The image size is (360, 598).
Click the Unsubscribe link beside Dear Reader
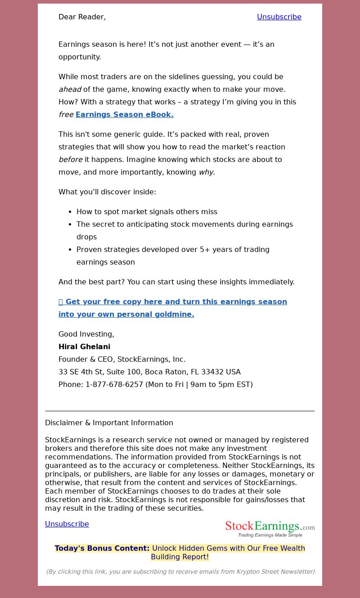[x=279, y=17]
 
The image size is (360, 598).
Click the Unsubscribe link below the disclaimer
[x=67, y=524]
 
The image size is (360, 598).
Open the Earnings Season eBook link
[x=124, y=114]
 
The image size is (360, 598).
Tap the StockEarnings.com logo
[x=270, y=528]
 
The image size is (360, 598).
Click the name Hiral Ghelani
[x=84, y=346]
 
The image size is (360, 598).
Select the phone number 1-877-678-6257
[x=114, y=384]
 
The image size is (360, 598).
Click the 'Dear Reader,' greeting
[x=82, y=17]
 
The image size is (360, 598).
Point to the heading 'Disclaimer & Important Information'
[x=109, y=423]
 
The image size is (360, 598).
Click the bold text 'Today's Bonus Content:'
[x=102, y=548]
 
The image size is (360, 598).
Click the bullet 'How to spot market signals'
[x=147, y=211]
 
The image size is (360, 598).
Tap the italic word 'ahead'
[x=70, y=89]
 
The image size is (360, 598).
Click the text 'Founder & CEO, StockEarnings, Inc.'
[x=122, y=359]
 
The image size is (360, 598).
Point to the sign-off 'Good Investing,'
[x=86, y=334]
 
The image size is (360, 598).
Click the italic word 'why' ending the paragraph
[x=206, y=172]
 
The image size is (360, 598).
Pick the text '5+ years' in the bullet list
[x=214, y=249]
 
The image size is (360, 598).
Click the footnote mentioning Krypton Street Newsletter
[x=180, y=571]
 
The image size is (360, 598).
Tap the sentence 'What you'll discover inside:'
[x=107, y=192]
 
